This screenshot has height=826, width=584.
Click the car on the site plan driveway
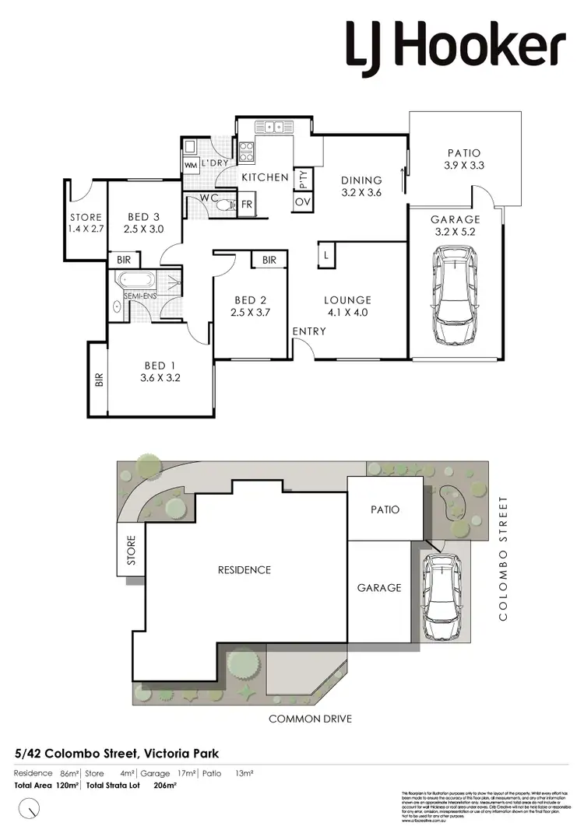point(441,596)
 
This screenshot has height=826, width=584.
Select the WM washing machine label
point(191,166)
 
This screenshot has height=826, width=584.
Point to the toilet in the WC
point(224,205)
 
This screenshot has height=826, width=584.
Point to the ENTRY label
point(309,332)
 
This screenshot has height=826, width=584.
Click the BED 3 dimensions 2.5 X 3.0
point(145,229)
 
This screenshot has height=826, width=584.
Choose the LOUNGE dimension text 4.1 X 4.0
point(348,313)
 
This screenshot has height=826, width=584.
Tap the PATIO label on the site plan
point(385,509)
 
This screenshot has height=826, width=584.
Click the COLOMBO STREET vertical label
point(503,558)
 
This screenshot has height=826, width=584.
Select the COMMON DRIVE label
point(310,719)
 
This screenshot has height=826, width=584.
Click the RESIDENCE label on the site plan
point(245,570)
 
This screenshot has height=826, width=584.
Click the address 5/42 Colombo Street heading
point(117,753)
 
